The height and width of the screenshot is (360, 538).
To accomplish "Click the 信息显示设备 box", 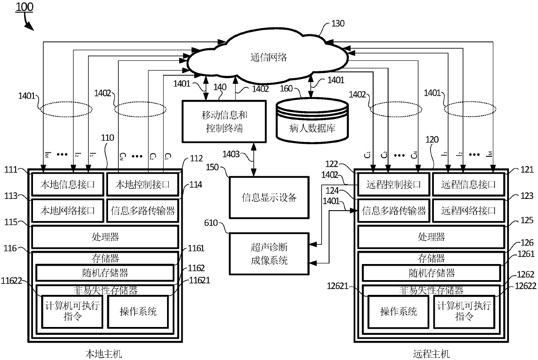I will coord(269,197).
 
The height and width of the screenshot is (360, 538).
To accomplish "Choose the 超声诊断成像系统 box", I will coord(269,254).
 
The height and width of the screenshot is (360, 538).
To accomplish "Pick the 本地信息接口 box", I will coord(68,185).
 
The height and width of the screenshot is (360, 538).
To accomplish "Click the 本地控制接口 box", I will coord(142,185).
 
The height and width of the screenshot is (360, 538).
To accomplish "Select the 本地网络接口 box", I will coord(68,211).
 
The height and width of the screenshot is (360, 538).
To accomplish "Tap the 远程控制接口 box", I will coord(393,185).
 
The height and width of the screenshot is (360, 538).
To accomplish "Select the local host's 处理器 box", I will coord(105,237).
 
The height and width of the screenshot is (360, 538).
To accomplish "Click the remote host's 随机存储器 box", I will coord(431,273).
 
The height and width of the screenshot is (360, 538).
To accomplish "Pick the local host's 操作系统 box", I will coord(138,311).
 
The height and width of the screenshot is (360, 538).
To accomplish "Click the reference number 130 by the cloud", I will coord(338,24).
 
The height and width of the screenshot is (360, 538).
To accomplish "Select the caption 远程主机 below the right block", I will coord(432,353).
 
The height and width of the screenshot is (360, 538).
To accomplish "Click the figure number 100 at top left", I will coord(24,7).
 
